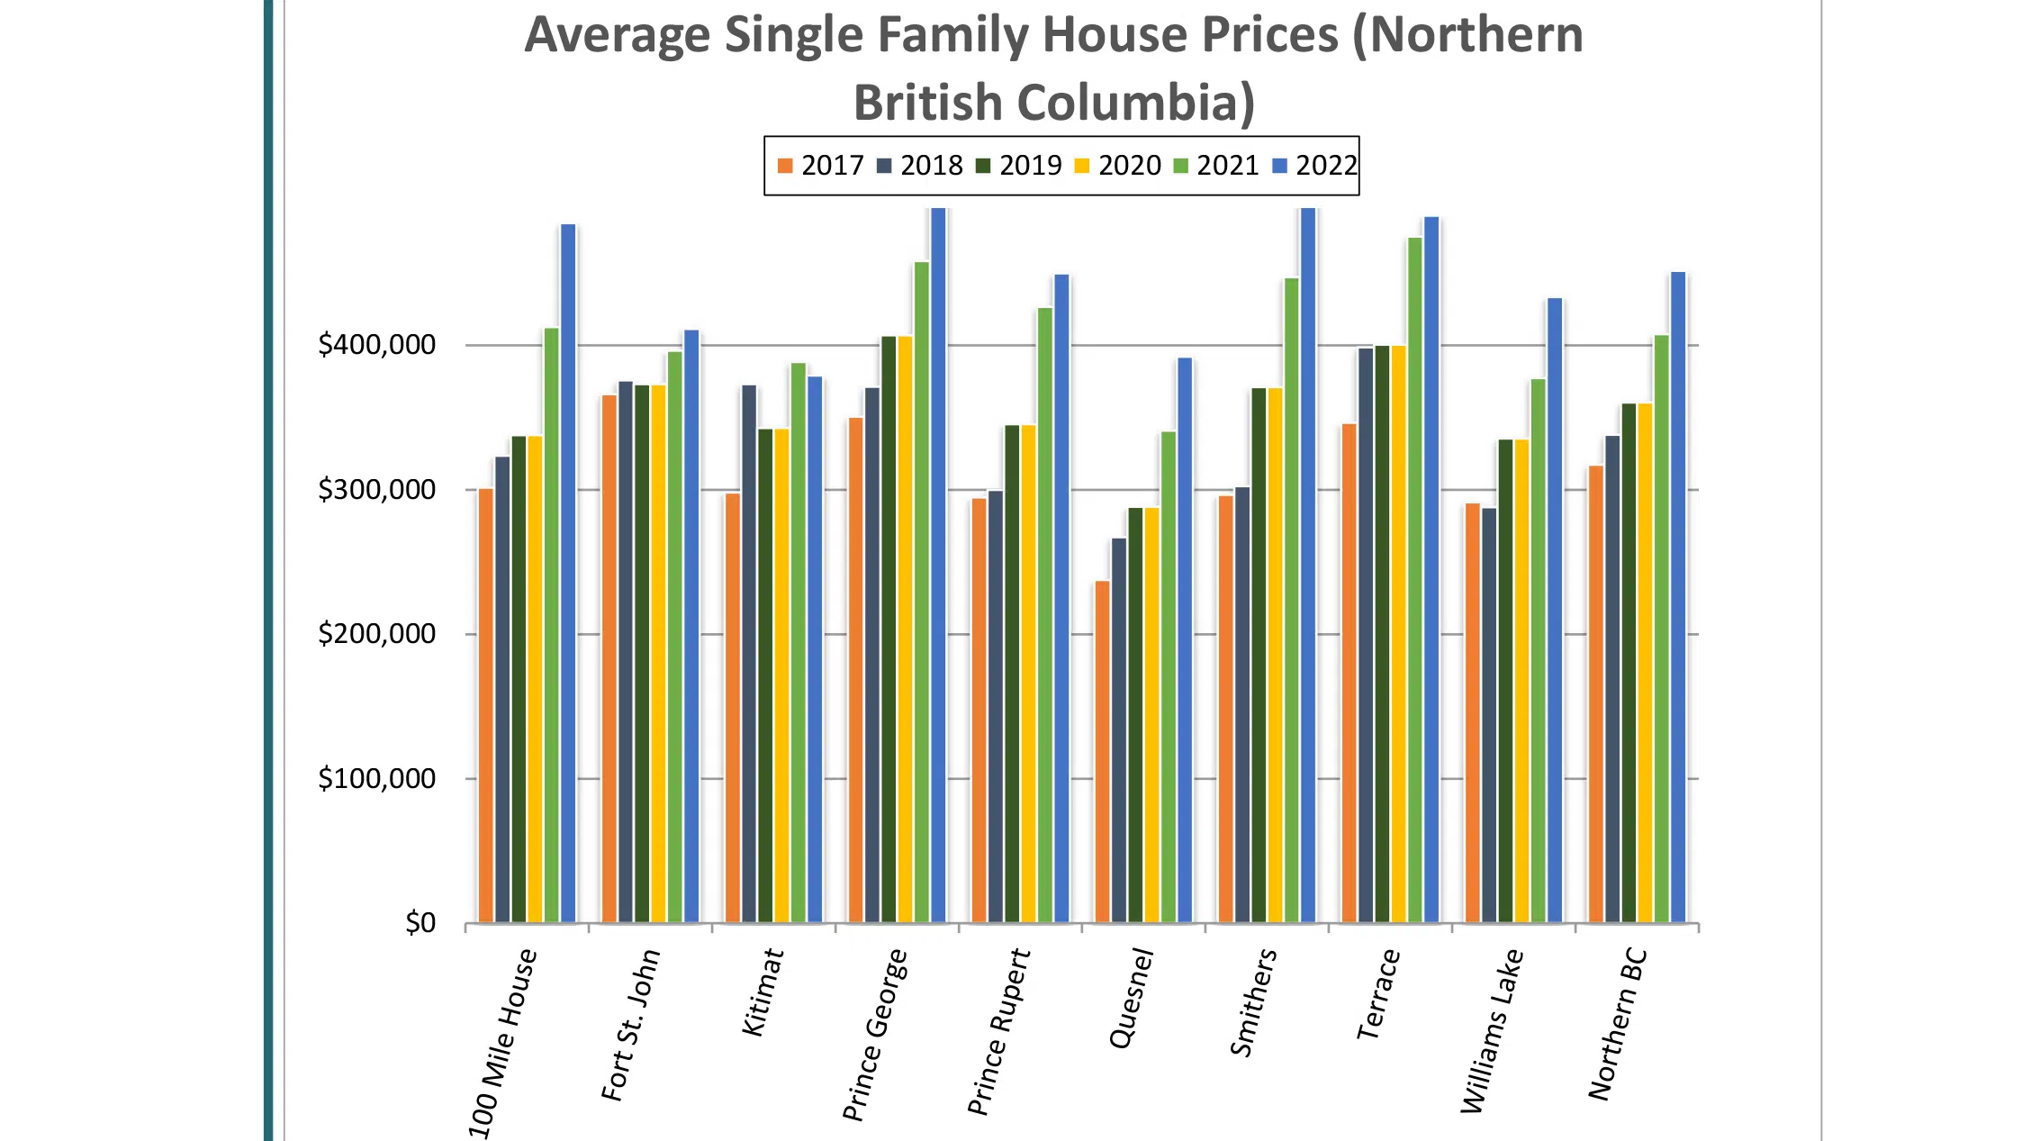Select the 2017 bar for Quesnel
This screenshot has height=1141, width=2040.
click(x=1102, y=752)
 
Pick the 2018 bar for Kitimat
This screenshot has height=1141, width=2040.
click(x=749, y=654)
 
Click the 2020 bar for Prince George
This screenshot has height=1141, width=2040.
click(x=905, y=629)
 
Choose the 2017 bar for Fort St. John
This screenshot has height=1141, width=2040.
click(x=609, y=658)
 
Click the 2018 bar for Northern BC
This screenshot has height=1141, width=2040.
click(x=1612, y=679)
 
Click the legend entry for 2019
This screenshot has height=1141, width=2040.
click(x=1019, y=166)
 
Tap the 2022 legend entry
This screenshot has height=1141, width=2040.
click(x=1315, y=166)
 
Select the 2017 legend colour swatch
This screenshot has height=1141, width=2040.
click(x=785, y=167)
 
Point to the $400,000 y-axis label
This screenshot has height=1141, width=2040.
click(x=376, y=345)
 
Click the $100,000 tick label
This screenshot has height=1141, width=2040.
click(x=376, y=779)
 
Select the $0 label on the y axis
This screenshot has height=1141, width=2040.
click(x=420, y=923)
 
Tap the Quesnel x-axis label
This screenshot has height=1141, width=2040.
click(x=1132, y=999)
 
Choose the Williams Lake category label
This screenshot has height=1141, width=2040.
click(x=1492, y=1032)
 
